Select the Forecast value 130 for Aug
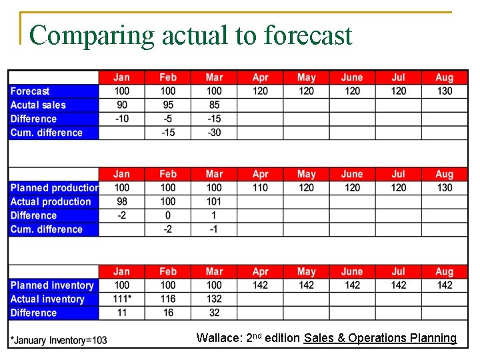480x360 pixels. tap(444, 91)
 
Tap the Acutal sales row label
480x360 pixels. tap(38, 105)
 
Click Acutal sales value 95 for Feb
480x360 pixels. tap(168, 105)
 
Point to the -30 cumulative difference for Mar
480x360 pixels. tap(214, 133)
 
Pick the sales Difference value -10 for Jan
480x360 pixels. tap(122, 119)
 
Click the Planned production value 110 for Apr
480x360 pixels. tap(260, 188)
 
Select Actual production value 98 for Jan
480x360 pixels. tap(122, 201)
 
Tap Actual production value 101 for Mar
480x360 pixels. tap(214, 201)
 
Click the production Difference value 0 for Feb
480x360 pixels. tap(168, 215)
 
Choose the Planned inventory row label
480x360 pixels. tap(52, 285)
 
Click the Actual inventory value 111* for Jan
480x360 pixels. tap(122, 299)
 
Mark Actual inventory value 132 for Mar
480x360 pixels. tap(214, 299)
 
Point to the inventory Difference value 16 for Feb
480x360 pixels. tap(168, 313)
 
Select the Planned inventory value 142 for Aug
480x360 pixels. tap(444, 285)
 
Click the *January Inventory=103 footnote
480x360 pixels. tap(59, 340)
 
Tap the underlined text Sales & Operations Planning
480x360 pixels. tap(380, 338)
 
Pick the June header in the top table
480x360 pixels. tap(352, 77)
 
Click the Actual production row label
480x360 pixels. tap(51, 201)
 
